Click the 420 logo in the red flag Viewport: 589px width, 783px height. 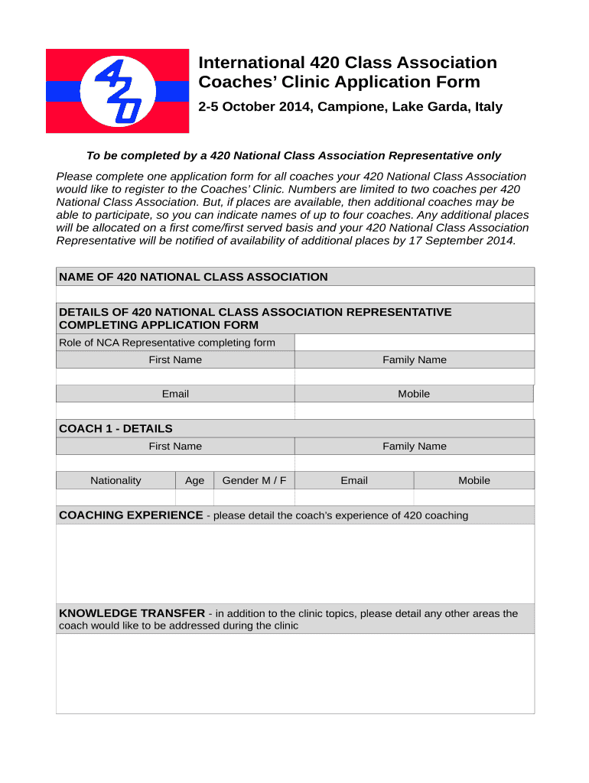[x=118, y=91]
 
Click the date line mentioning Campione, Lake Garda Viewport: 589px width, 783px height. [x=350, y=107]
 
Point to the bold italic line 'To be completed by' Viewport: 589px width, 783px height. [x=294, y=156]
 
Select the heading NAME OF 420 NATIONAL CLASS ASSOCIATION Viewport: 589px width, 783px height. [x=194, y=277]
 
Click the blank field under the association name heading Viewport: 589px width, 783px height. [x=295, y=295]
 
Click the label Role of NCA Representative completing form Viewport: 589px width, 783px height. [x=167, y=343]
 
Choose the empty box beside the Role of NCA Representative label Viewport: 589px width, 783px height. [x=414, y=343]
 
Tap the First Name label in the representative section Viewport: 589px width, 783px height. [x=175, y=360]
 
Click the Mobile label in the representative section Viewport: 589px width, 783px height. [x=414, y=394]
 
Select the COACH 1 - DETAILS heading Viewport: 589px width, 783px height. [x=116, y=428]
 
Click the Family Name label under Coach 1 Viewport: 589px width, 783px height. [x=414, y=447]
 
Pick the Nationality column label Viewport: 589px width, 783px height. [x=116, y=480]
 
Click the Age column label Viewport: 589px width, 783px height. [x=195, y=480]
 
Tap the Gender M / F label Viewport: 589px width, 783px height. [x=254, y=480]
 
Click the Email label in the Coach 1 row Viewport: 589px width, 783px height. [x=354, y=480]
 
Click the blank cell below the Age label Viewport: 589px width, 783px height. [x=195, y=497]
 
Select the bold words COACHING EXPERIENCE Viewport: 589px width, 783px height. [x=131, y=515]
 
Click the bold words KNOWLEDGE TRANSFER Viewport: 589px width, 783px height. [x=132, y=613]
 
